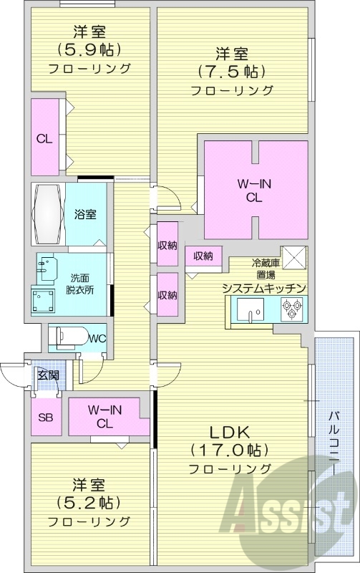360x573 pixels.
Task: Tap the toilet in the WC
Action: [x=69, y=336]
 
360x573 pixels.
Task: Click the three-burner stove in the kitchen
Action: [x=291, y=309]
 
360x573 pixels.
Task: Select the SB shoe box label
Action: [x=45, y=418]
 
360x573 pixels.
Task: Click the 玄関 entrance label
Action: [x=47, y=375]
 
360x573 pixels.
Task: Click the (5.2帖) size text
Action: [x=89, y=501]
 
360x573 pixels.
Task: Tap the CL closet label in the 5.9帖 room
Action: [x=44, y=139]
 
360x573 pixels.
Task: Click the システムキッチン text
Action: [x=265, y=288]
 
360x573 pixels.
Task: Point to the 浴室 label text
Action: [x=85, y=214]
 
